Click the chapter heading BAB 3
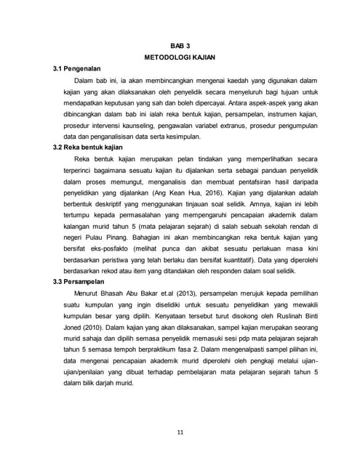[x=180, y=45]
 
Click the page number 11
[x=180, y=434]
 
